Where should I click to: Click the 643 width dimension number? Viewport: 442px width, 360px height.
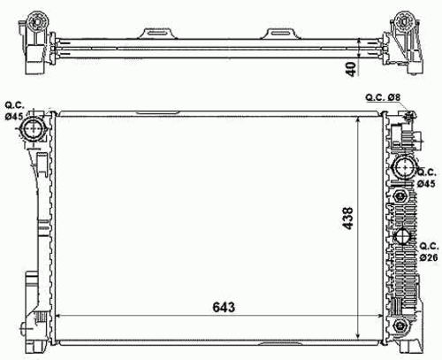(224, 307)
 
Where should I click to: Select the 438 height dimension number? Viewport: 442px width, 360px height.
(348, 218)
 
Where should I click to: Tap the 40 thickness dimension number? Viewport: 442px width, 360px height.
(352, 69)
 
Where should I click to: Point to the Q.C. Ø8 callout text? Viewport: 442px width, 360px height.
(383, 97)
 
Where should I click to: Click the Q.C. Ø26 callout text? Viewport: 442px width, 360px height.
(429, 251)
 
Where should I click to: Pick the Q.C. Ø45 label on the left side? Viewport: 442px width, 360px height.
(14, 111)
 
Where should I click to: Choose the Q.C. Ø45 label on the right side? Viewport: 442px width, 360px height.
(426, 178)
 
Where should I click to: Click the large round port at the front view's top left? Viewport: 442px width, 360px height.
(32, 129)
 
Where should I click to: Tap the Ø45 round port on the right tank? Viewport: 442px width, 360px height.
(404, 167)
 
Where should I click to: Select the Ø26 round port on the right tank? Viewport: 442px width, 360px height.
(403, 236)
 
